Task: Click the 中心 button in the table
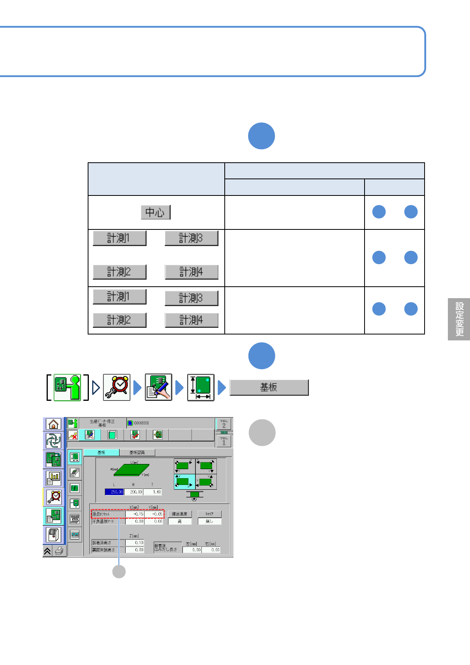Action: [x=156, y=212]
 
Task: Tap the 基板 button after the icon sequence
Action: [x=269, y=387]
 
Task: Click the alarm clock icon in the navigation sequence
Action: [x=117, y=387]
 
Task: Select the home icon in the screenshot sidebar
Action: [x=53, y=424]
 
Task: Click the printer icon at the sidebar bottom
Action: [x=60, y=551]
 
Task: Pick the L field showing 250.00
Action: [x=114, y=492]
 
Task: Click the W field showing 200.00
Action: [x=133, y=492]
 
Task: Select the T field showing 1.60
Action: [x=152, y=492]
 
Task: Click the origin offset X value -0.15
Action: [x=135, y=514]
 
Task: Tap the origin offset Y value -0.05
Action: [x=154, y=514]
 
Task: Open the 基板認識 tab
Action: [x=137, y=453]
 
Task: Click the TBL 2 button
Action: [x=224, y=424]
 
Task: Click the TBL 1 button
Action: [x=224, y=441]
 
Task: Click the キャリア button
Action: [x=209, y=514]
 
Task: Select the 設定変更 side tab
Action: [x=459, y=319]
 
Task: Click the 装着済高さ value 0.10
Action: [x=135, y=543]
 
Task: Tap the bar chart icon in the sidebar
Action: [x=53, y=479]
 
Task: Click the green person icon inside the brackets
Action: [x=67, y=387]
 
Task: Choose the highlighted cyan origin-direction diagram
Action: [x=184, y=482]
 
